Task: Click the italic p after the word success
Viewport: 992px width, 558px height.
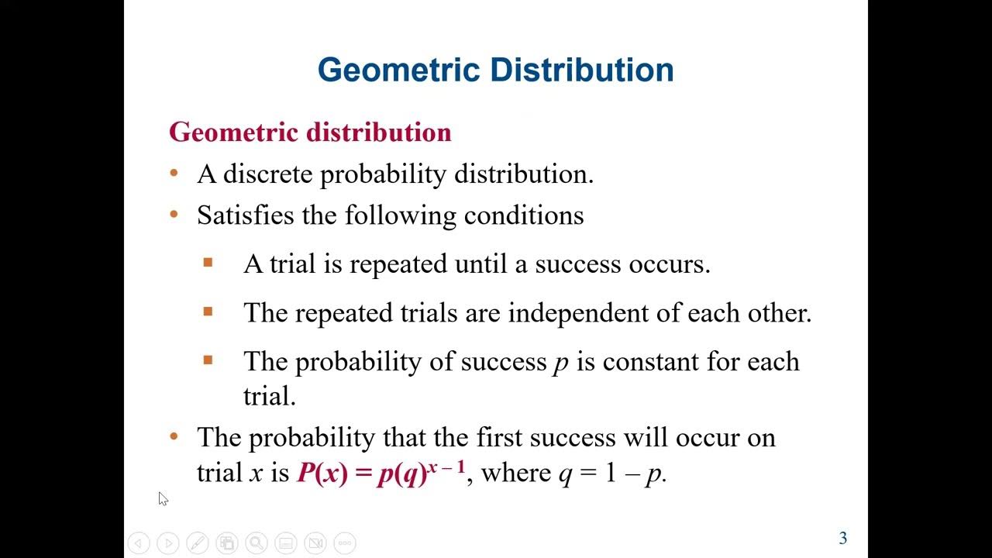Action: (560, 363)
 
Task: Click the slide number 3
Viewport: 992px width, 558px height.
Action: (843, 539)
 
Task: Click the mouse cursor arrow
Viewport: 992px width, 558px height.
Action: (163, 498)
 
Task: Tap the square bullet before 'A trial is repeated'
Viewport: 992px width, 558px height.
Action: (208, 263)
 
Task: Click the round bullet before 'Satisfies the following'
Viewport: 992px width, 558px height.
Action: (174, 214)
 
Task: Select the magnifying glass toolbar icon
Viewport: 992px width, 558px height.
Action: (257, 543)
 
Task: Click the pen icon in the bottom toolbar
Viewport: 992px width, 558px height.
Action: (198, 543)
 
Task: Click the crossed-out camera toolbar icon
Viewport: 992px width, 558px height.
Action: (315, 543)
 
